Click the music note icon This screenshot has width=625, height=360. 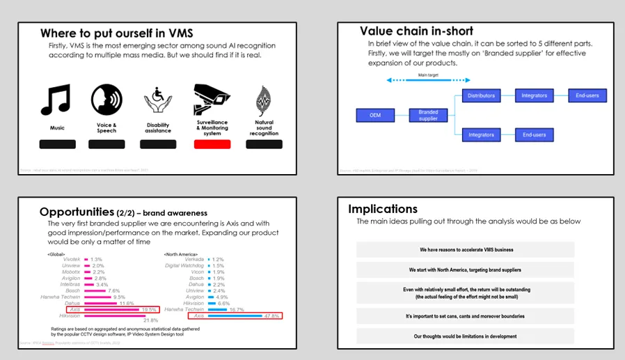(x=57, y=100)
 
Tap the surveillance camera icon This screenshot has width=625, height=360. (x=212, y=100)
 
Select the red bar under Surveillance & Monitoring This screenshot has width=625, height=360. (x=212, y=144)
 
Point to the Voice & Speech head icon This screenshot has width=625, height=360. (x=106, y=100)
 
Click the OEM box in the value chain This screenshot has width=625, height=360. (x=376, y=116)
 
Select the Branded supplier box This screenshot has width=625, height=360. (x=428, y=116)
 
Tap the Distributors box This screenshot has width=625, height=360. (x=481, y=95)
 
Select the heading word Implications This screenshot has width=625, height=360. (x=383, y=209)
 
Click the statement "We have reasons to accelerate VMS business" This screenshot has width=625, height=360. (x=465, y=250)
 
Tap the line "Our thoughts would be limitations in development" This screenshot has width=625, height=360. (x=465, y=336)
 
